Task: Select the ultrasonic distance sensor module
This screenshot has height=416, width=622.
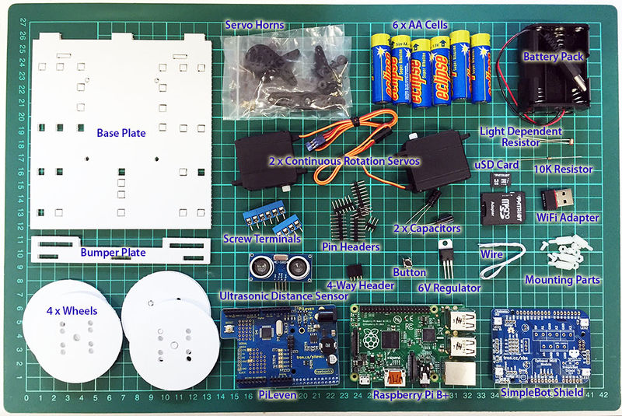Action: pos(276,269)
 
